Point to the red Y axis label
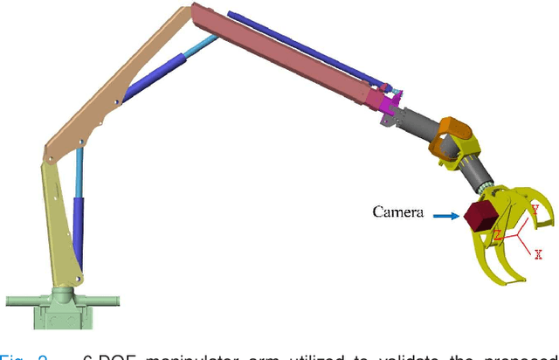[x=534, y=210]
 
